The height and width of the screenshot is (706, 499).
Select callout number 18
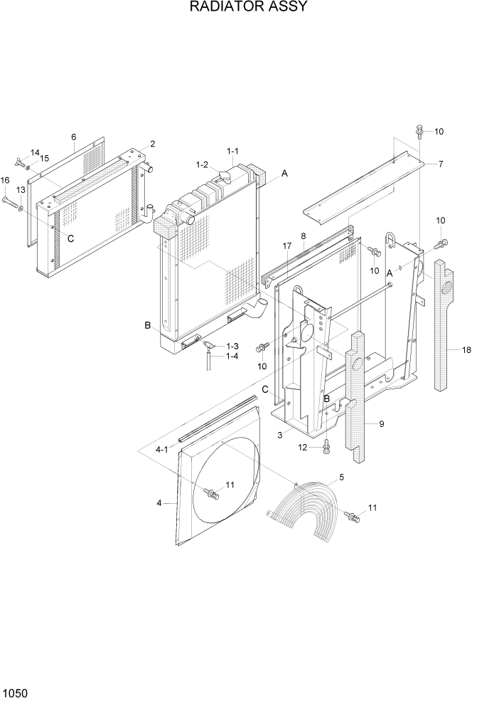pos(466,349)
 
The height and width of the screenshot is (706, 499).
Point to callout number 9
pos(382,424)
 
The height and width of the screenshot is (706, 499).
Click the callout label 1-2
pos(202,164)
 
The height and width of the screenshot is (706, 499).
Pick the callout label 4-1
pos(161,449)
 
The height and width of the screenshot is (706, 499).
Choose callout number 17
pos(286,246)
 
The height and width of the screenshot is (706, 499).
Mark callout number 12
pos(303,448)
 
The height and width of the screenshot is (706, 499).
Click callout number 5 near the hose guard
pos(341,477)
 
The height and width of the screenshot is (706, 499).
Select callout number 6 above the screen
pos(73,137)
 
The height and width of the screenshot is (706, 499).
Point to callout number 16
pos(5,181)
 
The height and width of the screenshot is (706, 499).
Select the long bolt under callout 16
pos(12,205)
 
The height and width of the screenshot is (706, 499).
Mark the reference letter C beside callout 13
pos(70,238)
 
